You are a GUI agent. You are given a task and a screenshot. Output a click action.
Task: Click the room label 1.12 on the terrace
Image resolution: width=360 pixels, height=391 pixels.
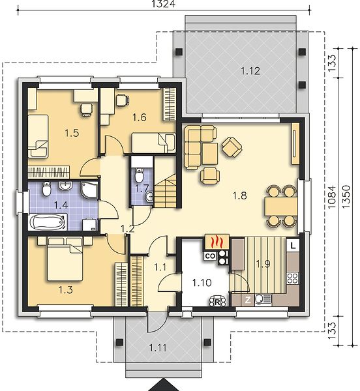click(x=250, y=71)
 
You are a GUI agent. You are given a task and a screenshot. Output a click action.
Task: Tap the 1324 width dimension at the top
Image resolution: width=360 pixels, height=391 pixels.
click(x=164, y=4)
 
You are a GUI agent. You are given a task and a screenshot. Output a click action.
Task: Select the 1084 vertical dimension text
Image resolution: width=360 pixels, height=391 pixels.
click(x=332, y=197)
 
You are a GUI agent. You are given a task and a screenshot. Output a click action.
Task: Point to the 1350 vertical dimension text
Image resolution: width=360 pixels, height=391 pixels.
click(x=346, y=197)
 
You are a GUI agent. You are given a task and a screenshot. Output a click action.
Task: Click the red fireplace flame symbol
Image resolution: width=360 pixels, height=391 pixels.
click(x=217, y=241)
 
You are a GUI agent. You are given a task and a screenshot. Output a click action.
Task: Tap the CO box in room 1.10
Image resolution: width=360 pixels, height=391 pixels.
click(x=210, y=256)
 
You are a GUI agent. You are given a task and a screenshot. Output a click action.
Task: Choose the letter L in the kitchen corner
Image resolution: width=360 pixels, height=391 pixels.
click(x=293, y=246)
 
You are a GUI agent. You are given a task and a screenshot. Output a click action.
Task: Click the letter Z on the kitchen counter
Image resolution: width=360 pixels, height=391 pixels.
click(x=248, y=300)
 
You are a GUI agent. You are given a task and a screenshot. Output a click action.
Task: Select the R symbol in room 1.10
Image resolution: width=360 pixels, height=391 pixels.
click(x=217, y=302)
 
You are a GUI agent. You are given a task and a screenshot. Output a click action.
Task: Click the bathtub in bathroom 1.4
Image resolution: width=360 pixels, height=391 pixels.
click(x=48, y=222)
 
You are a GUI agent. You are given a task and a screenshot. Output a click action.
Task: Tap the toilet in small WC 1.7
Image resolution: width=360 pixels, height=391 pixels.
click(x=139, y=175)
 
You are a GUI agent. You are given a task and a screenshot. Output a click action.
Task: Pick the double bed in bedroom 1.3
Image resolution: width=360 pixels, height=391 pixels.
click(x=65, y=259)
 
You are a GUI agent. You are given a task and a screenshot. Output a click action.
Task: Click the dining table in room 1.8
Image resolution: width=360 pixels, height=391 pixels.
click(x=281, y=207)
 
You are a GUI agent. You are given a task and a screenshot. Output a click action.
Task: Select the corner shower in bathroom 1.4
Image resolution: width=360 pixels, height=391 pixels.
click(x=89, y=190)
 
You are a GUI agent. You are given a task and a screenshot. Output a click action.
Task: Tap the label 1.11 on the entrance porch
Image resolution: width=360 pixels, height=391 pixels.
click(x=158, y=348)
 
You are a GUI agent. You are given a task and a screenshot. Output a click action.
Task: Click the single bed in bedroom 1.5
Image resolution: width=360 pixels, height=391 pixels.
click(x=38, y=136)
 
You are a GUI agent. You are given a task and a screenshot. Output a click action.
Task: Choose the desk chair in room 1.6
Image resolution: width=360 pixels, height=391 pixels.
click(x=122, y=100)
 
